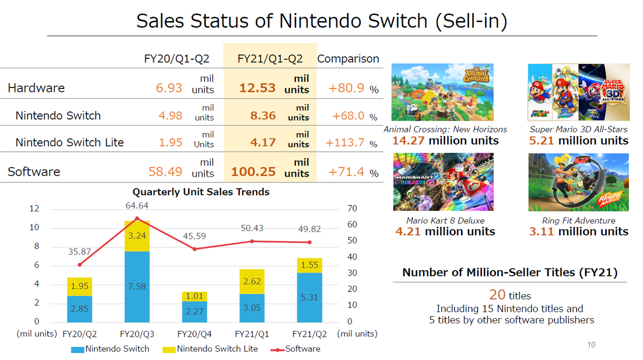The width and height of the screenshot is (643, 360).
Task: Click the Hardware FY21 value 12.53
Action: tap(257, 88)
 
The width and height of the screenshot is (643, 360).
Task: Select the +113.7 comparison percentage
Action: tap(345, 143)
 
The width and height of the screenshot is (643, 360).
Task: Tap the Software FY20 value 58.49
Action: tap(165, 172)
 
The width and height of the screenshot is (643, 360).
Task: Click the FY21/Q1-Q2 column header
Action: tap(270, 59)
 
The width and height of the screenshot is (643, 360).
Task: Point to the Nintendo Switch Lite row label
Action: tap(69, 143)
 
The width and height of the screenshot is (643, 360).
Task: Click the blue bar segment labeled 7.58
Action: tap(137, 286)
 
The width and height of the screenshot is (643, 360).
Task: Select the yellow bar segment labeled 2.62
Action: tap(252, 282)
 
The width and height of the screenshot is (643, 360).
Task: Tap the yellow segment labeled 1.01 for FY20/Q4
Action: tap(194, 296)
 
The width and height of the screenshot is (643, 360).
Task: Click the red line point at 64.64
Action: tap(137, 218)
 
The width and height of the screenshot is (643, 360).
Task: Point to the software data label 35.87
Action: tap(79, 252)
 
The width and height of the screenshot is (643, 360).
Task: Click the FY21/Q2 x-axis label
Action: tap(309, 334)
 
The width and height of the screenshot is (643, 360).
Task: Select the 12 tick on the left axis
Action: tap(34, 209)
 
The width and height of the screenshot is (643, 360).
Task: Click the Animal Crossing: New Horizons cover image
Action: tap(442, 92)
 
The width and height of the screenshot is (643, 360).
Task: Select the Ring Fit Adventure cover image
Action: tap(578, 182)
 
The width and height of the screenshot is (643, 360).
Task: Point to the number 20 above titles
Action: tap(497, 295)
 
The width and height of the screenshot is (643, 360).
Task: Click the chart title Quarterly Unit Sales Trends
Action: tap(201, 192)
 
